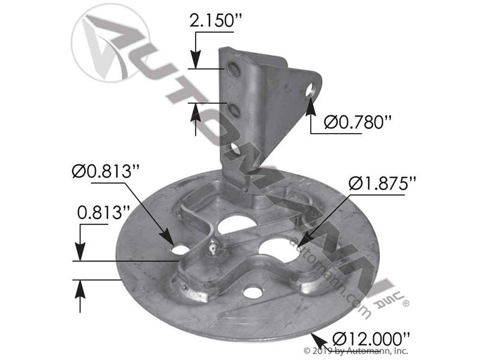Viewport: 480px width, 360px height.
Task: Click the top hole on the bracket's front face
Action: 235,71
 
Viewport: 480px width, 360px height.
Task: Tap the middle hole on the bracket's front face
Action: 235,110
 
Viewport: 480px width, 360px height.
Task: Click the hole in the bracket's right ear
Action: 310,92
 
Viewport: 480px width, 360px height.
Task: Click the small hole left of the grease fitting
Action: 179,248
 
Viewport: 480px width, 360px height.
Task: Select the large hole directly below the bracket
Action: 236,224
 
